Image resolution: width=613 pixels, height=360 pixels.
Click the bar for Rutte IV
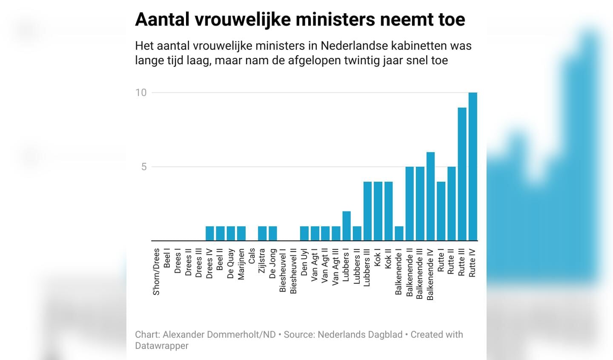pos(473,166)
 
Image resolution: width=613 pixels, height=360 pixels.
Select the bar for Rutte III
pos(462,174)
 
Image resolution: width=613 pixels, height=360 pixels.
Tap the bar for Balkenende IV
pos(430,196)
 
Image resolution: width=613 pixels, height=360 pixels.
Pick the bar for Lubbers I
pos(347,226)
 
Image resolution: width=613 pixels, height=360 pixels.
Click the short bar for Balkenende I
pos(399,233)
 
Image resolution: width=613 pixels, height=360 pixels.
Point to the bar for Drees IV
pos(210,233)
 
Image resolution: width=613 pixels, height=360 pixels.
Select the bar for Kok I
pos(378,211)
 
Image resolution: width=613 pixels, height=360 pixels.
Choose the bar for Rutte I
pos(441,211)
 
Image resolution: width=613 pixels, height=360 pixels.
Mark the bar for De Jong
pos(273,233)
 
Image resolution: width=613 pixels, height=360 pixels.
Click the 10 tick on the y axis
pos(141,93)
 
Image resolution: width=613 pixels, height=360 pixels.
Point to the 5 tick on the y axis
pos(144,167)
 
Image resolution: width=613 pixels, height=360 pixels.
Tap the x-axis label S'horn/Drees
pos(157,272)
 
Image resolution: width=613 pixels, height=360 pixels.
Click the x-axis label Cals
pos(252,256)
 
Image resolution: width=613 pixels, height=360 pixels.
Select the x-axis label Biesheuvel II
pos(294,271)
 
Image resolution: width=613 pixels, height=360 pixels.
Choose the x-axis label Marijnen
pos(241,264)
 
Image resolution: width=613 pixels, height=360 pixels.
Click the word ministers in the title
pos(334,20)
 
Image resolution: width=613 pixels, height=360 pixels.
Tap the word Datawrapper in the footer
pos(162,346)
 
